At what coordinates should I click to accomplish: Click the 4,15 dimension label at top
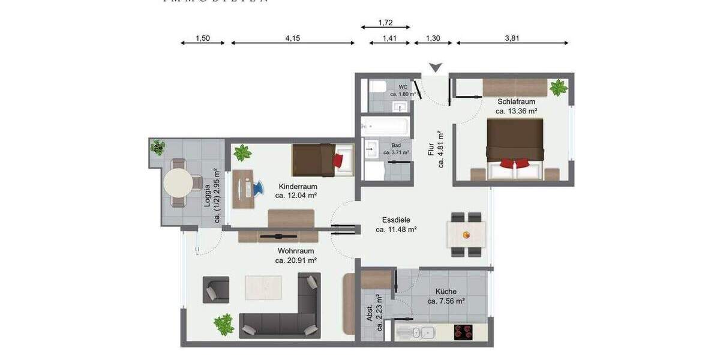[292, 38]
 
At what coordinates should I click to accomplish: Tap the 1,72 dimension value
[385, 23]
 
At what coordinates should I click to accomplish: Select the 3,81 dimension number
[512, 38]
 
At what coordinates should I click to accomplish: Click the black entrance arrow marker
[435, 67]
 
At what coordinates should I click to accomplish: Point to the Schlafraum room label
[515, 101]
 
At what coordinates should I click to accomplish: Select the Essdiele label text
[396, 220]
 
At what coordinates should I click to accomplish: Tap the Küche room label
[446, 292]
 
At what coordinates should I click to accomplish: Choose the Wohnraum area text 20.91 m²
[296, 260]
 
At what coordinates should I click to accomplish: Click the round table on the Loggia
[178, 182]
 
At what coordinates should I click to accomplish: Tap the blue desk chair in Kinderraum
[258, 188]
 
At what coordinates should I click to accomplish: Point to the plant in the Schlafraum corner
[558, 88]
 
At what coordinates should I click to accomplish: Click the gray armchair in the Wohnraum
[215, 290]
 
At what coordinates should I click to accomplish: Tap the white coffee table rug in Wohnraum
[263, 287]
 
